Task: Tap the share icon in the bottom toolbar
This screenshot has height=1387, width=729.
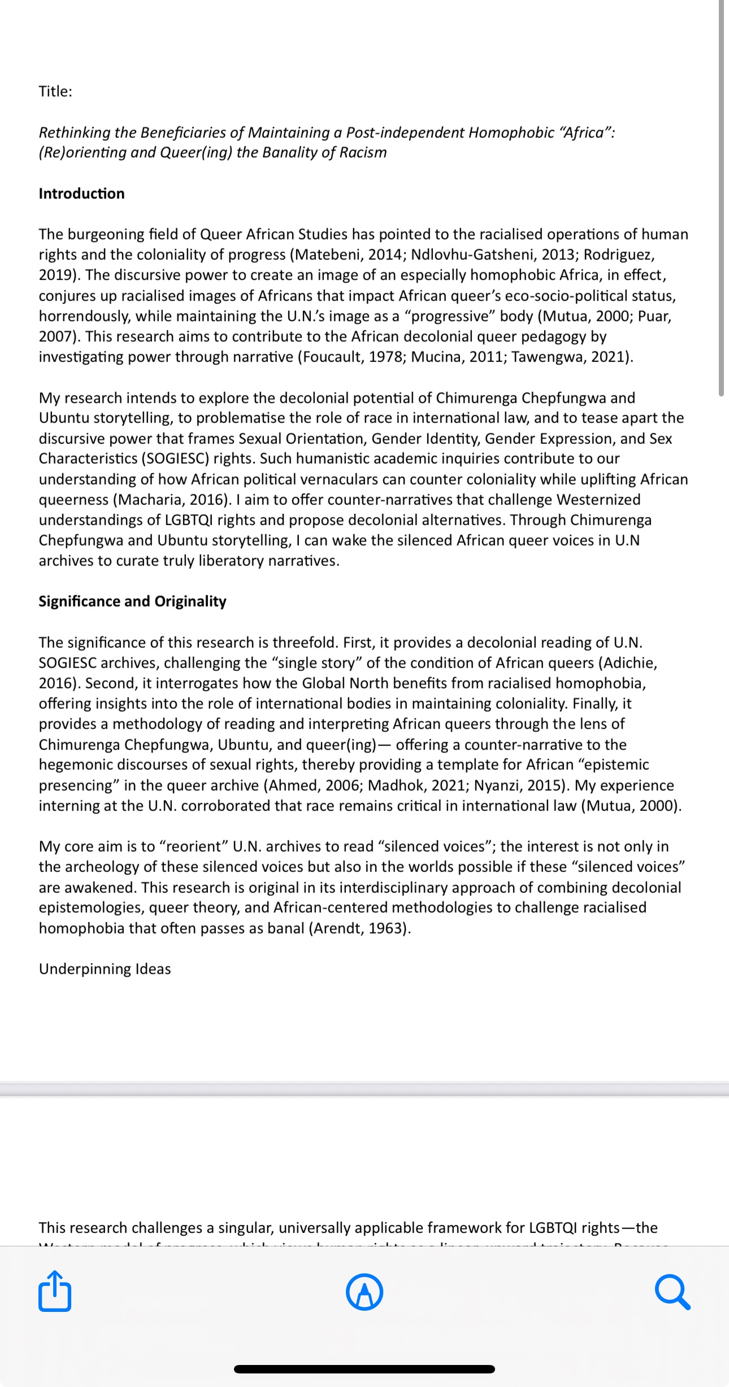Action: (x=55, y=1291)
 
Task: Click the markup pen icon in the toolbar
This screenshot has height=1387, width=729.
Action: (x=364, y=1292)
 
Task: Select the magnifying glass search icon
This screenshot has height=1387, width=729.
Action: (x=672, y=1292)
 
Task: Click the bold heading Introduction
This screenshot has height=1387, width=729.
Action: (x=81, y=194)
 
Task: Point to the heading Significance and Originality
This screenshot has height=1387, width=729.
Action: (x=132, y=601)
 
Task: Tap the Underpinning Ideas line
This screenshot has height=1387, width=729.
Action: (x=105, y=969)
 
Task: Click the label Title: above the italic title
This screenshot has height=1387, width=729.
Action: (x=55, y=91)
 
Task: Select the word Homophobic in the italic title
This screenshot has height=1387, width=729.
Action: (x=511, y=133)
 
